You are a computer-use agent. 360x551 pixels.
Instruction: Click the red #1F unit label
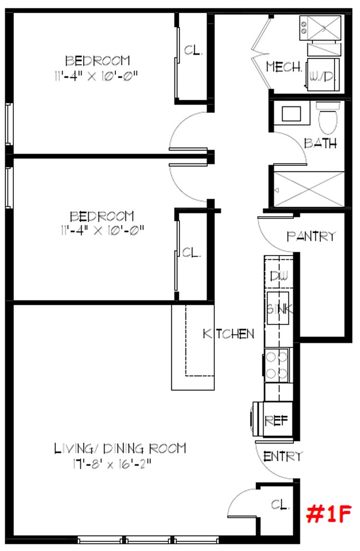(329, 514)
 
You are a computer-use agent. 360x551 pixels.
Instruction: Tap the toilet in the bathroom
(325, 116)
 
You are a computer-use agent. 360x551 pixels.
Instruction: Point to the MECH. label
(284, 67)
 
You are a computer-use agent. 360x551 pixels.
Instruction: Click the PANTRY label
(311, 236)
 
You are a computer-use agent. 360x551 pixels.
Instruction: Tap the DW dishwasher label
(278, 275)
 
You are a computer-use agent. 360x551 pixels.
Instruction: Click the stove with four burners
(277, 365)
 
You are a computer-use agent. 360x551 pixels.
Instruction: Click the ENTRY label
(283, 457)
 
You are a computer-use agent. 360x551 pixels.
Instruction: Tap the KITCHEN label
(228, 334)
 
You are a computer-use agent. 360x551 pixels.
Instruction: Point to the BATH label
(320, 143)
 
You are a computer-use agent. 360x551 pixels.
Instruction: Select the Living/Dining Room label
(120, 448)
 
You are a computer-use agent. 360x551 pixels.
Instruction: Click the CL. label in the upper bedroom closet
(194, 50)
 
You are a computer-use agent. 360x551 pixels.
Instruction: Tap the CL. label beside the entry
(280, 504)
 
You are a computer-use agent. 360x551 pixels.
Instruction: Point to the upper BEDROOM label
(97, 60)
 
